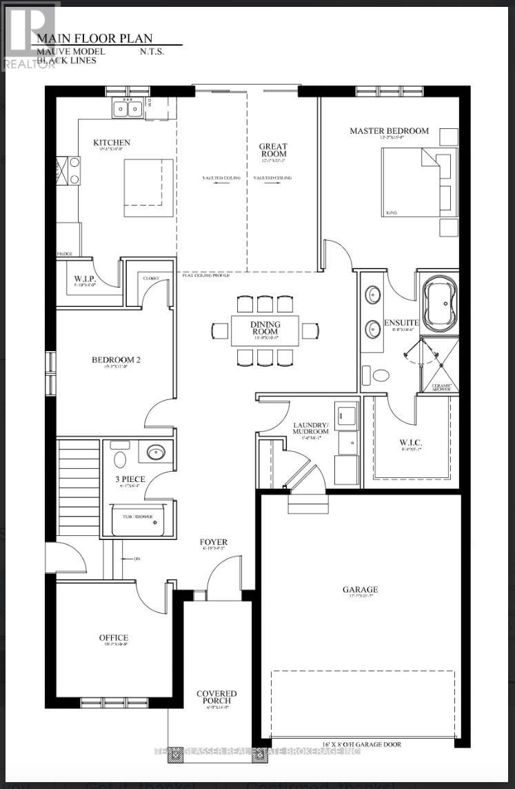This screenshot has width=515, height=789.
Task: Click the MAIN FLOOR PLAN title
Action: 94,39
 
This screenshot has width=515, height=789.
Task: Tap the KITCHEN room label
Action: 112,143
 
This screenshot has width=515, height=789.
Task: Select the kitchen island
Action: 148,187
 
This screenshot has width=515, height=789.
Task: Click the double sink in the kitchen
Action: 128,108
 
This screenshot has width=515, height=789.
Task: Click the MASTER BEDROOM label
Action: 389,130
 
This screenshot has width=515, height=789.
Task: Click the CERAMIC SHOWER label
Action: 441,386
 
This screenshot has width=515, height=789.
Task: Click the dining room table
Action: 265,331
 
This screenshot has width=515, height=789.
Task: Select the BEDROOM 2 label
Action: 117,359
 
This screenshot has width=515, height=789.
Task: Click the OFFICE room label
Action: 113,638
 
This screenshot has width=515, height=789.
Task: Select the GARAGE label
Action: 361,590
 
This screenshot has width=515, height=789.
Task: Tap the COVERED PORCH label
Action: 216,697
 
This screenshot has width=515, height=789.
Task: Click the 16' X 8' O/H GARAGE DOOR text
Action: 361,744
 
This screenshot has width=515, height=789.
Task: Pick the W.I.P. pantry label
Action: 84,279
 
